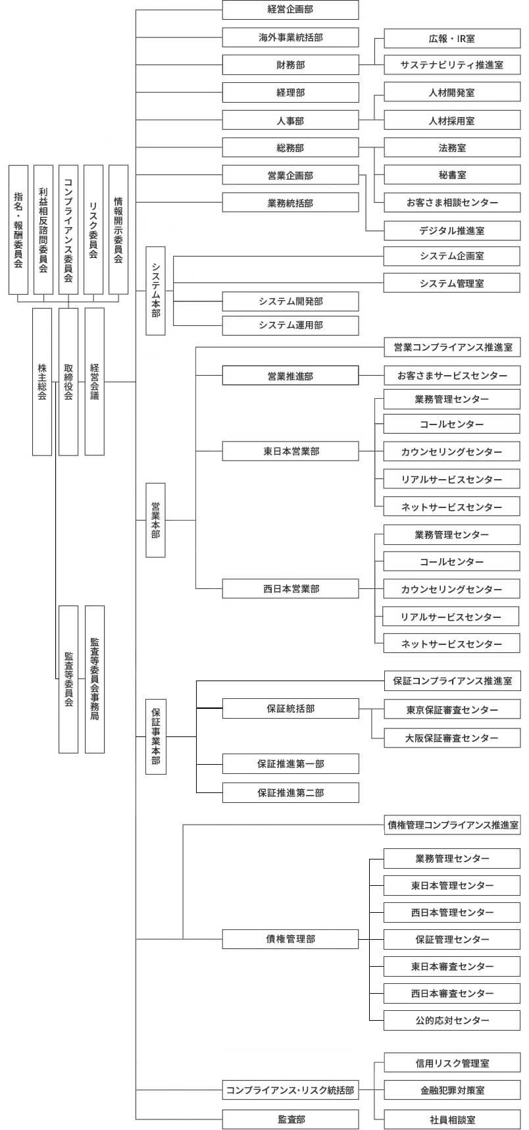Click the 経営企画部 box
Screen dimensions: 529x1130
point(291,10)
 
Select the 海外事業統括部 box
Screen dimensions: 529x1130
point(291,38)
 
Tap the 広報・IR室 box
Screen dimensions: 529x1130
point(452,38)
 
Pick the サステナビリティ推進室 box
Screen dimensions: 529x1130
point(452,64)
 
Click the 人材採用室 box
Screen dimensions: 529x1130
point(452,120)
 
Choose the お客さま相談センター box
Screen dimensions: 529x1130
point(452,203)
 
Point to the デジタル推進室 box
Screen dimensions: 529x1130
point(452,230)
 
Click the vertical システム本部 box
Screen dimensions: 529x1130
point(155,290)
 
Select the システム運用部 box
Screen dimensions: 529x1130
point(291,326)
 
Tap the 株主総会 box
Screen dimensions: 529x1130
point(42,382)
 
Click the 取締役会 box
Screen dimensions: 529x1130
point(68,382)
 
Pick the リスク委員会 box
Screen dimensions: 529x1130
point(93,230)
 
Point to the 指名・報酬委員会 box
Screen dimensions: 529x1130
point(18,230)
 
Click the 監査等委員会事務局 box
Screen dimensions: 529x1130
point(95,679)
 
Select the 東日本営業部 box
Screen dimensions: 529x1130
point(291,451)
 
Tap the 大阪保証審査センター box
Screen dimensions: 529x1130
point(452,738)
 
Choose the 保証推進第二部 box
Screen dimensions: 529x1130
point(291,792)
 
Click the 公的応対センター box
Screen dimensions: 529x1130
point(452,1021)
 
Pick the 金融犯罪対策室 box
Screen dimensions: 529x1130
point(452,1091)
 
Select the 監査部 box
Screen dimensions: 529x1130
point(291,1119)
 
